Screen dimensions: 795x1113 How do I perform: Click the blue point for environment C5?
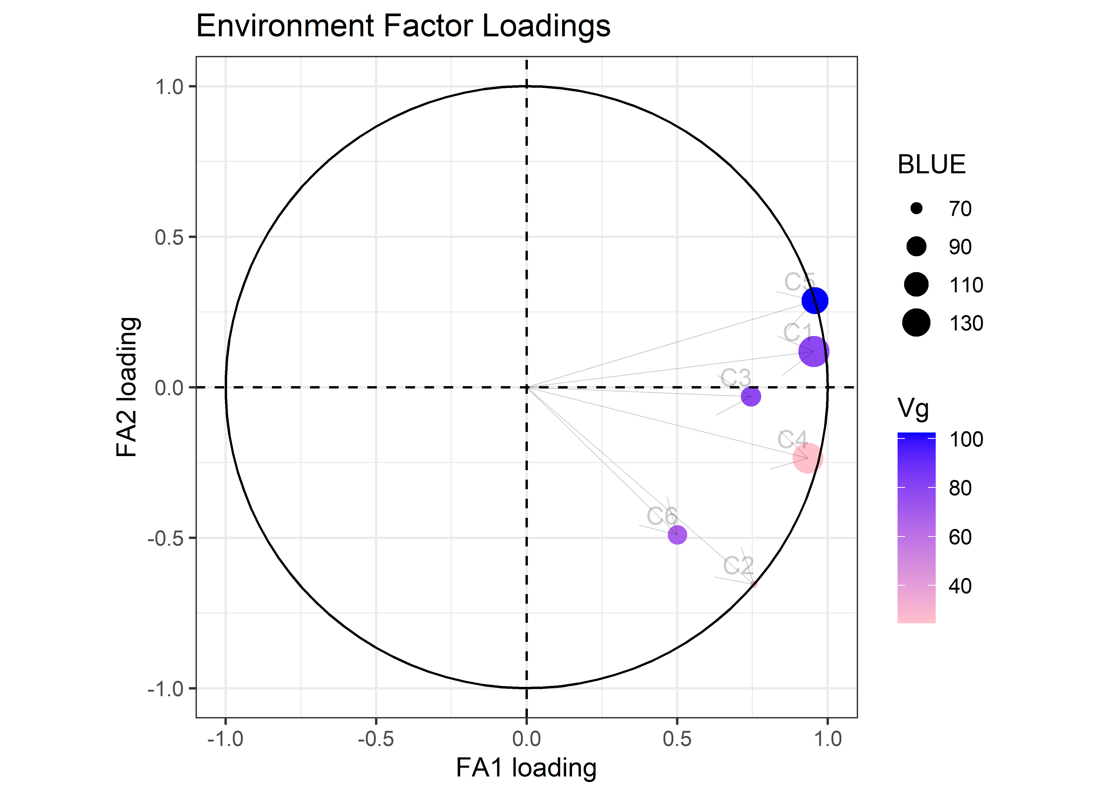pyautogui.click(x=814, y=301)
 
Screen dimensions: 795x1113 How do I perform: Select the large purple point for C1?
pyautogui.click(x=814, y=351)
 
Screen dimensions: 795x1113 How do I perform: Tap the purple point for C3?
pyautogui.click(x=751, y=396)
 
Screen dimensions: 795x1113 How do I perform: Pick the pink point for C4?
pyautogui.click(x=807, y=458)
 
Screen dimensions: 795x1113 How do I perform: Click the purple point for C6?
pyautogui.click(x=677, y=535)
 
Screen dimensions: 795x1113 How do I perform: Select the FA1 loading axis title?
pyautogui.click(x=526, y=768)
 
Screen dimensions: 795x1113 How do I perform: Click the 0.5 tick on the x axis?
pyautogui.click(x=677, y=739)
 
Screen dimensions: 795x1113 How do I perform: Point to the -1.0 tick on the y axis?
pyautogui.click(x=165, y=689)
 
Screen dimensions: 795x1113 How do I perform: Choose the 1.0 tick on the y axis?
pyautogui.click(x=169, y=87)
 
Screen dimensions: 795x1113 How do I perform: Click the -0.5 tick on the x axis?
pyautogui.click(x=376, y=739)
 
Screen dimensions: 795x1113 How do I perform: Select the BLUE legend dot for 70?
pyautogui.click(x=916, y=209)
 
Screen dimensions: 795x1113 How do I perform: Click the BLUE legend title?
pyautogui.click(x=931, y=165)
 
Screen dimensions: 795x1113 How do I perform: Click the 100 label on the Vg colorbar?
pyautogui.click(x=966, y=440)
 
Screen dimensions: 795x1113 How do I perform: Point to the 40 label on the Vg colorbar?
pyautogui.click(x=960, y=586)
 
